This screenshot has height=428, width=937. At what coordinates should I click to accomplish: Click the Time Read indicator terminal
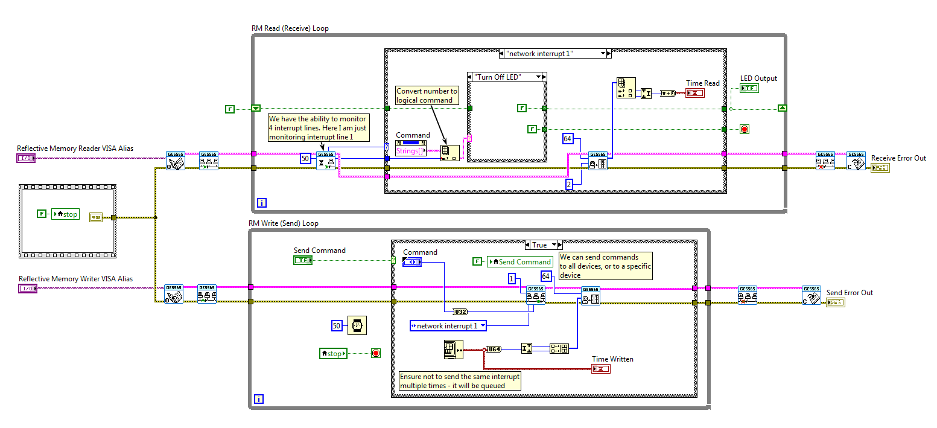[x=695, y=93]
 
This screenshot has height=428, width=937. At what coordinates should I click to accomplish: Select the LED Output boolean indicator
[x=749, y=88]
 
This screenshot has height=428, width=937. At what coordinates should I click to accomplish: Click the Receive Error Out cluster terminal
[x=880, y=167]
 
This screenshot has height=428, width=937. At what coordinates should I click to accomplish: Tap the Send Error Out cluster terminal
[x=836, y=302]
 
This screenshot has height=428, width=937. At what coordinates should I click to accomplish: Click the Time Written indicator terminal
[x=600, y=368]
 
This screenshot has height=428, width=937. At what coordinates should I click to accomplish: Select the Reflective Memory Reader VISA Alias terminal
[x=27, y=158]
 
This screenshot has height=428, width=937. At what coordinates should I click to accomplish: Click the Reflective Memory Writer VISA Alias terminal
[x=27, y=289]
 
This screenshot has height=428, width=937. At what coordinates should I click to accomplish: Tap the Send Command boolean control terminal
[x=303, y=260]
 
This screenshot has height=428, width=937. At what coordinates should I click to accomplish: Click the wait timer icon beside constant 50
[x=357, y=325]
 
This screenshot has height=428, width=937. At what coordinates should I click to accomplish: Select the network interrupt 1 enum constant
[x=448, y=326]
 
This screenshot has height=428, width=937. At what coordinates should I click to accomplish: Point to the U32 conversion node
[x=460, y=311]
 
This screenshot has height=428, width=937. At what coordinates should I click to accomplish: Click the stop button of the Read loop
[x=744, y=129]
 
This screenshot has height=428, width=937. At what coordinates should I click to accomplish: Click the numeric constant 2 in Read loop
[x=568, y=184]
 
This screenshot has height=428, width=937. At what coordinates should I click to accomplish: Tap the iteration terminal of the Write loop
[x=259, y=399]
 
